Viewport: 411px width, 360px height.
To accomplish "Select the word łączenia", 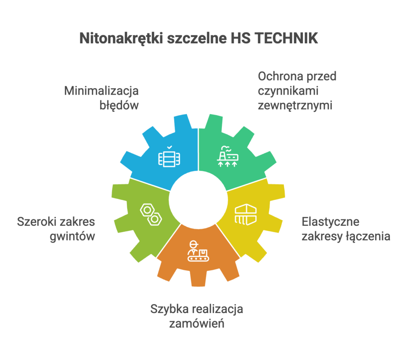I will pyautogui.click(x=368, y=237).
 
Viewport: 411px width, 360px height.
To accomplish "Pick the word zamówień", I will pyautogui.click(x=197, y=324).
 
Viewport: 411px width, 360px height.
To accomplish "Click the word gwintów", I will pyautogui.click(x=73, y=237).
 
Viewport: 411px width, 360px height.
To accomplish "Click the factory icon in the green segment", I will pyautogui.click(x=227, y=158).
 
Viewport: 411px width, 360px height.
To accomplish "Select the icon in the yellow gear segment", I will pyautogui.click(x=245, y=215).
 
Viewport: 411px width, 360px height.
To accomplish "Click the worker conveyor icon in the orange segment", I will pyautogui.click(x=198, y=252).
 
